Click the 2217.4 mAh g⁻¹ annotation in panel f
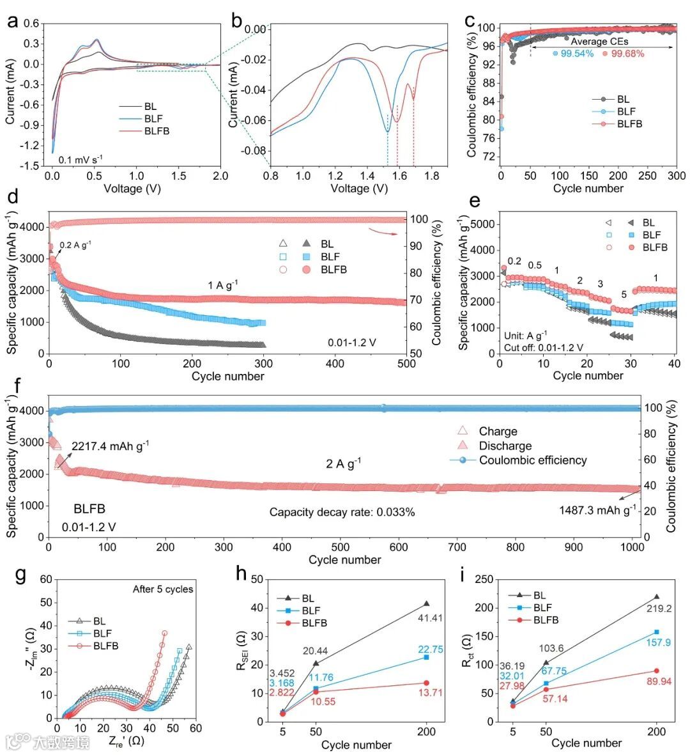[x=111, y=446]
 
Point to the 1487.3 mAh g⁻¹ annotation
[x=597, y=510]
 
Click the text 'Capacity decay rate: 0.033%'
[x=342, y=512]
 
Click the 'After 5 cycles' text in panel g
[x=163, y=589]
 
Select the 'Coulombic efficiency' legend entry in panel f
[x=532, y=460]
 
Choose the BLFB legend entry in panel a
[x=157, y=132]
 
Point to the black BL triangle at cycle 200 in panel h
[x=426, y=603]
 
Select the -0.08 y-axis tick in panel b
[x=255, y=151]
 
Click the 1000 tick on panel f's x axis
[x=633, y=547]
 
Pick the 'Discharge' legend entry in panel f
[x=505, y=446]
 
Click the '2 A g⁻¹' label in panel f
[x=344, y=463]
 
